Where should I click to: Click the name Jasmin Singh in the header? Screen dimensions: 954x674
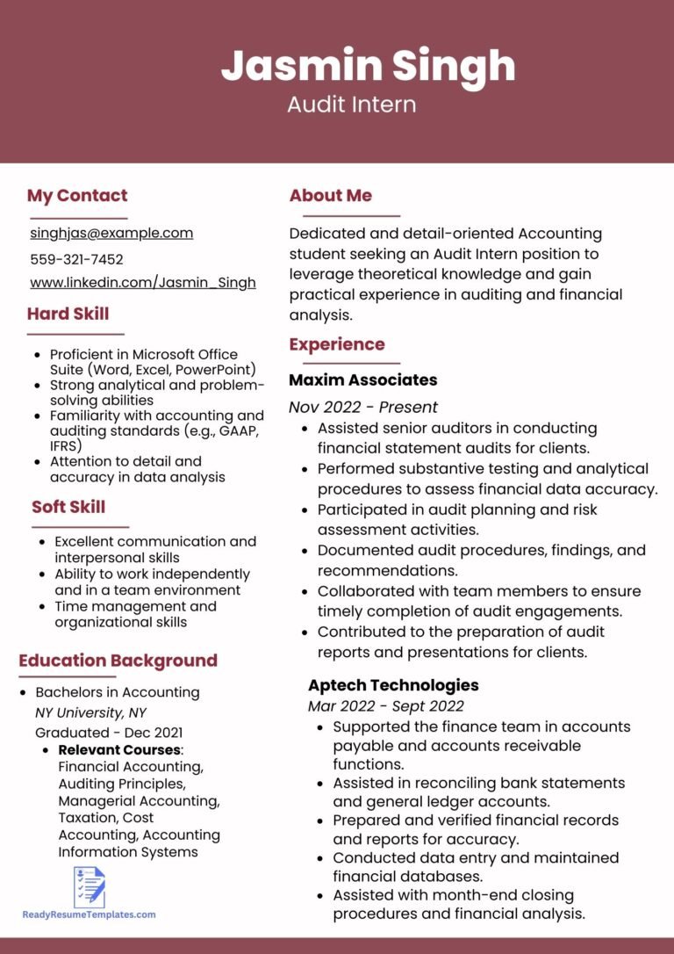(368, 66)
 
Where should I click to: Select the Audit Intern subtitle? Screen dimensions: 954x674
(351, 105)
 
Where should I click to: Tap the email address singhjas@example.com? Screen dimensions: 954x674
(111, 233)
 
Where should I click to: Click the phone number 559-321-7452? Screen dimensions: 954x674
(76, 259)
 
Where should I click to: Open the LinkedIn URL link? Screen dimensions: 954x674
(143, 282)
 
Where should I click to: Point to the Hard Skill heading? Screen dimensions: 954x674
(68, 314)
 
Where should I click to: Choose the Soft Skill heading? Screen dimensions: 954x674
(68, 507)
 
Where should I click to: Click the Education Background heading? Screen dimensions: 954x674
(118, 661)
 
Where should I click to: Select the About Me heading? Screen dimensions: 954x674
(331, 196)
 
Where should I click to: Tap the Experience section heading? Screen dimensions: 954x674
(337, 344)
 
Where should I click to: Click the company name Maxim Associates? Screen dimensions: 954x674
(363, 380)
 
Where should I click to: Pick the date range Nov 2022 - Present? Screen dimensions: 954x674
(363, 407)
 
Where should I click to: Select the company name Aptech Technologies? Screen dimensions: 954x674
(393, 685)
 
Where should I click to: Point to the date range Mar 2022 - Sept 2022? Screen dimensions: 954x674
(386, 705)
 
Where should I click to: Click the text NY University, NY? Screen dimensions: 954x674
(90, 712)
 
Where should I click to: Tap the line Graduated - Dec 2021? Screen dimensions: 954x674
(109, 733)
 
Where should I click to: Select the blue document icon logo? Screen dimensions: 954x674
(90, 886)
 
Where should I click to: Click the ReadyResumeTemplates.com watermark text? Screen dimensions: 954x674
(90, 914)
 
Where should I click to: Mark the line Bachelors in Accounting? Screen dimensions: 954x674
(117, 692)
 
